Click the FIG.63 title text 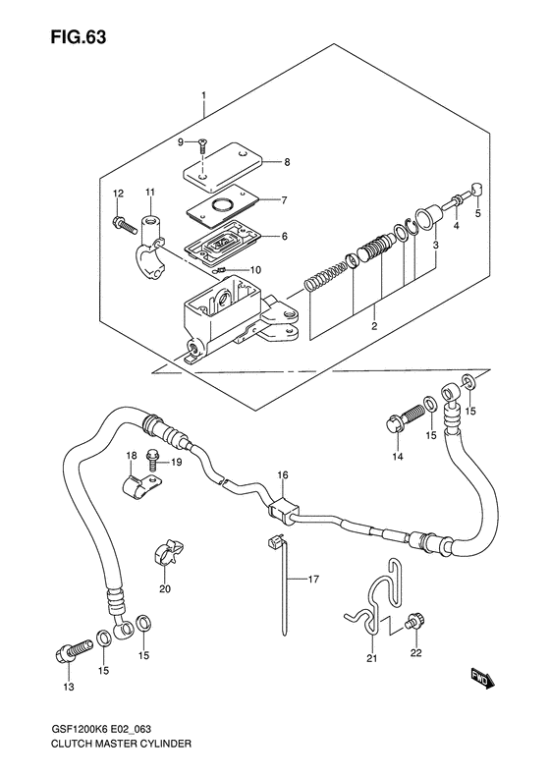pos(79,37)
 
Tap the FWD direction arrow pos(482,679)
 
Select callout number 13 pos(69,687)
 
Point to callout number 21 pos(371,658)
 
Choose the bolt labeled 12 pos(124,225)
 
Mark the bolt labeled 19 pos(152,460)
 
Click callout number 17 pos(313,579)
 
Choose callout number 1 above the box pos(203,94)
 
